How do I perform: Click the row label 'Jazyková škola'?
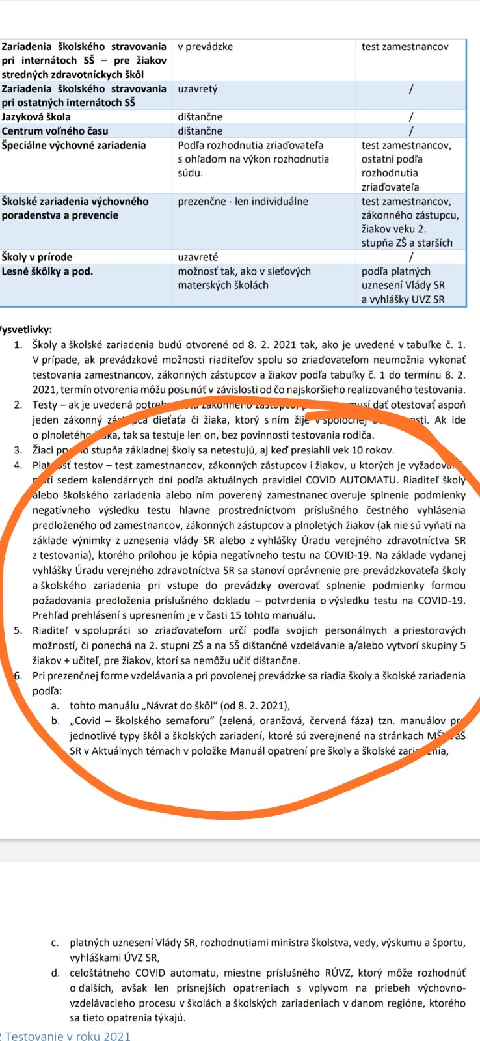point(36,117)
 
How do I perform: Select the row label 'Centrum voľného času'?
point(55,131)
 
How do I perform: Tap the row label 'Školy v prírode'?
point(37,257)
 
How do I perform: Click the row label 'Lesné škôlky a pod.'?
point(47,271)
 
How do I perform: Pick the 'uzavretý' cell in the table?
point(198,88)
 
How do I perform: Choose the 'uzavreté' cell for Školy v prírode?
point(198,257)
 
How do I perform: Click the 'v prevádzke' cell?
point(206,47)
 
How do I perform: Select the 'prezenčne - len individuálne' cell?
point(243,201)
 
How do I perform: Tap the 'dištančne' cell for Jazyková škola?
point(200,117)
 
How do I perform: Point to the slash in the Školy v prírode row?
point(411,257)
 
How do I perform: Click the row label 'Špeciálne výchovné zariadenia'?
point(73,145)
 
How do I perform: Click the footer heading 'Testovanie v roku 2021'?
point(68,1036)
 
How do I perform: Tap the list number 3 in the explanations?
point(18,450)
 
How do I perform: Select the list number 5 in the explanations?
point(18,630)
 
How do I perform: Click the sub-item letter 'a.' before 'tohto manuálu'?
point(56,705)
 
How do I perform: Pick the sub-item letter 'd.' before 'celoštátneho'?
point(56,973)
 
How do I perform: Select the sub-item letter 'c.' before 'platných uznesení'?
point(56,942)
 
